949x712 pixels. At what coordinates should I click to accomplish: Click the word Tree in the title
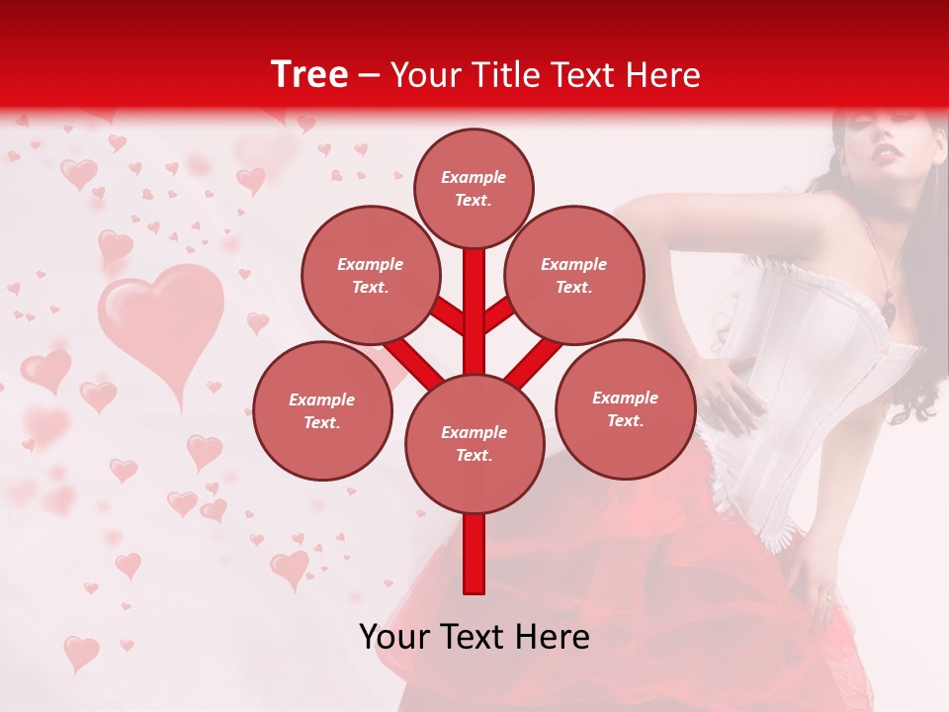point(309,75)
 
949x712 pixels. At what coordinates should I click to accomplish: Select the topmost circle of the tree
point(474,188)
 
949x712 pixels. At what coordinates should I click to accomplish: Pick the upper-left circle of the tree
point(370,275)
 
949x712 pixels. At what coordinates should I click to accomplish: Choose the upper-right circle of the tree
point(573,275)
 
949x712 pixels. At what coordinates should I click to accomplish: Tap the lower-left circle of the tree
point(322,410)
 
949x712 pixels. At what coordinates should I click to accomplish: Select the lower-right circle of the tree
point(625,408)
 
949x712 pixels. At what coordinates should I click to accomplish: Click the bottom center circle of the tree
point(474,443)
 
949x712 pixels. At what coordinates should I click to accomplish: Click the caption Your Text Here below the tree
point(474,637)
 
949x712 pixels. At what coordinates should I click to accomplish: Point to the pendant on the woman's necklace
point(890,309)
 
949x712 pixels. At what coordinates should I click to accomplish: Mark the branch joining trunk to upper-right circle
point(498,314)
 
